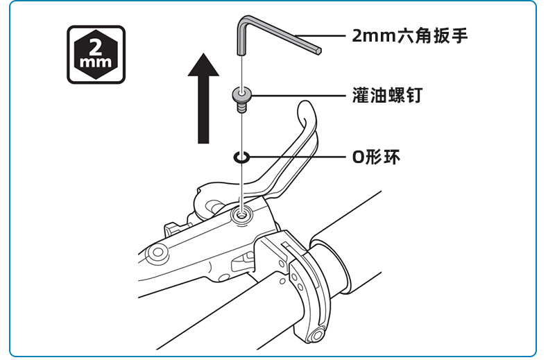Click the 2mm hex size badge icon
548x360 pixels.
click(x=96, y=55)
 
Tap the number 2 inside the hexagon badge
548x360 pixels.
click(x=96, y=47)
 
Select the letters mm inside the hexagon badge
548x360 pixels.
click(x=96, y=65)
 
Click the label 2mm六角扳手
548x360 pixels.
click(x=410, y=35)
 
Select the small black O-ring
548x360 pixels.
click(x=241, y=157)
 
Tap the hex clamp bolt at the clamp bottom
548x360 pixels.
click(x=318, y=336)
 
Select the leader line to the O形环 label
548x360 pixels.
click(x=298, y=157)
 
